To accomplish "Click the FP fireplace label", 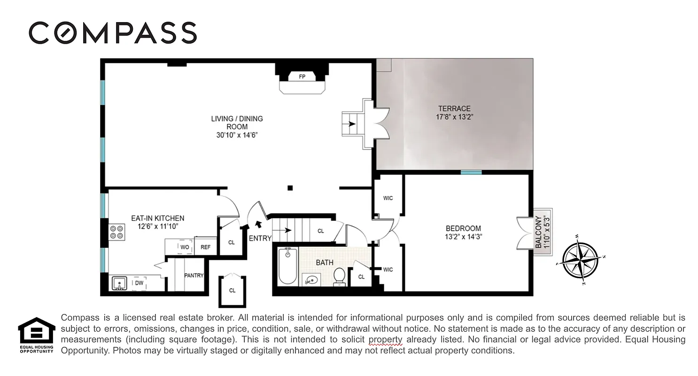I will (302, 77).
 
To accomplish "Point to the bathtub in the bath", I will (287, 266).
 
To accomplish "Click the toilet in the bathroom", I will (339, 277).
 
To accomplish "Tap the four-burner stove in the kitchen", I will (116, 232).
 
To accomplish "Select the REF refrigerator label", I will (205, 247).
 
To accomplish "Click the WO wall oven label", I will (185, 247).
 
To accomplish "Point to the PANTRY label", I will (194, 275).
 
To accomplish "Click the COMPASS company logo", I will (113, 33).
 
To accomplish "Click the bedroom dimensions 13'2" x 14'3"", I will (464, 237).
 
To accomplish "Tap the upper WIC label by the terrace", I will (388, 198).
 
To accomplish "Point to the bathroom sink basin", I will (310, 280).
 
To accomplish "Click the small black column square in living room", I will (290, 188).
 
